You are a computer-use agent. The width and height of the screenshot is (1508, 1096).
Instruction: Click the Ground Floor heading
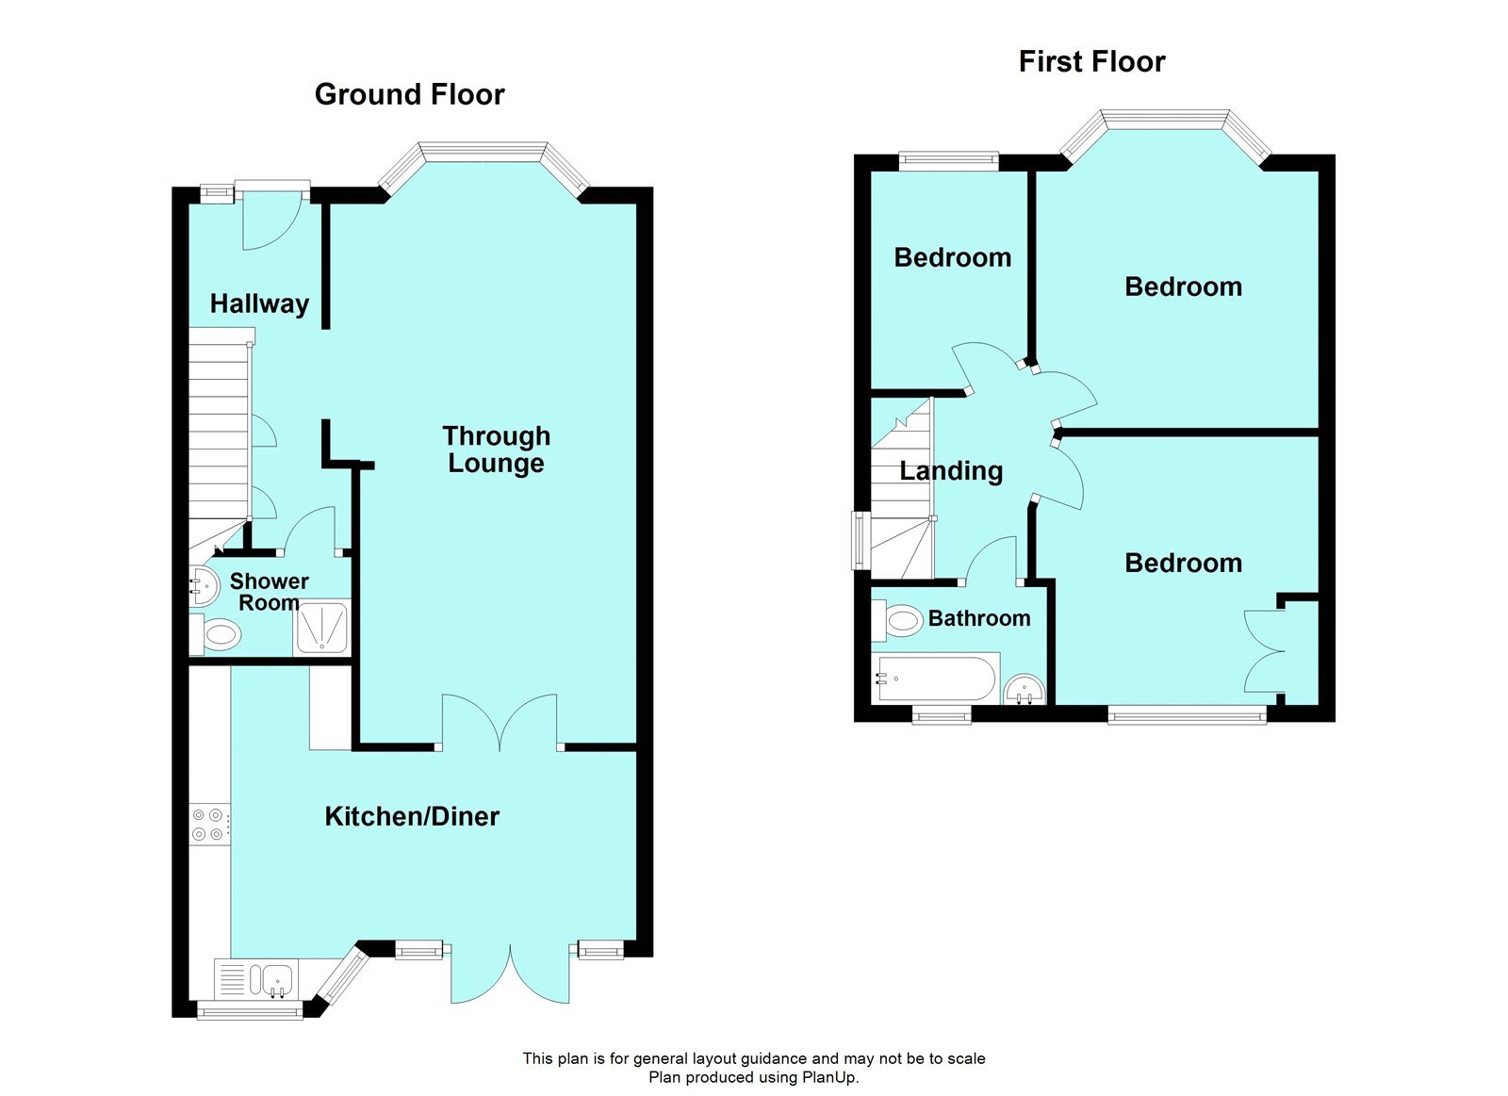coord(409,94)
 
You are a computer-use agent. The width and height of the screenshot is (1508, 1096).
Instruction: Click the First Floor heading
coord(1091,62)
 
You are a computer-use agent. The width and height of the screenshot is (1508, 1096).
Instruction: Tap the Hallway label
coord(259,303)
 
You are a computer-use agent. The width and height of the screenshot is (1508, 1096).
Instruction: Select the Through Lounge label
coord(496,450)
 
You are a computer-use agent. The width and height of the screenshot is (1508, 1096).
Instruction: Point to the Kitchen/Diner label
coord(412,816)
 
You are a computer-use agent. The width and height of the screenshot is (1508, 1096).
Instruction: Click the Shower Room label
coord(269,592)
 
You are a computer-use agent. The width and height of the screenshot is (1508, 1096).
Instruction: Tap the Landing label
coord(951,470)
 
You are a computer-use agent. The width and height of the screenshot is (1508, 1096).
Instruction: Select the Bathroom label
coord(979,618)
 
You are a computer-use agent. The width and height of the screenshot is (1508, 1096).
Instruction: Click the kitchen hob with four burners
coord(208,824)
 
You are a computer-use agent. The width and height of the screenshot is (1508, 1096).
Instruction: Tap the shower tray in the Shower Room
coord(323,627)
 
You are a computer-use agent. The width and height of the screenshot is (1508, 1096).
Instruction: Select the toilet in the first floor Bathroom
coord(901,620)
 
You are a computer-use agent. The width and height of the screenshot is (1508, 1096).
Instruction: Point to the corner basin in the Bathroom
coord(1025,691)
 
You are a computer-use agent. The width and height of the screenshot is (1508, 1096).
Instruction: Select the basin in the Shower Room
coord(203,586)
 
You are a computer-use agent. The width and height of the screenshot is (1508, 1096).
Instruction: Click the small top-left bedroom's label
coord(952,257)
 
